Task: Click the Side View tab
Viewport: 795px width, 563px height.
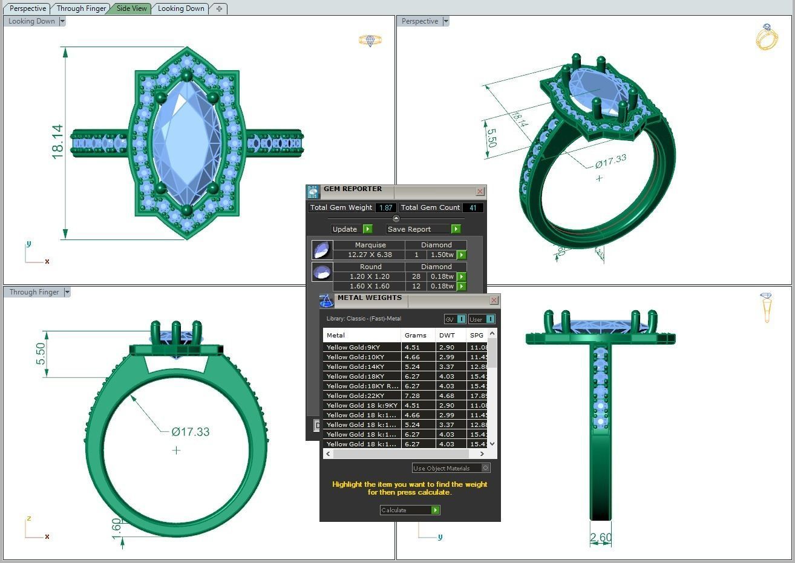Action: point(131,8)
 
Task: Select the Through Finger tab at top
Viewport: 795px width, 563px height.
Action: point(82,8)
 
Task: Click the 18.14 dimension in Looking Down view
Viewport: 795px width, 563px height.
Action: point(57,142)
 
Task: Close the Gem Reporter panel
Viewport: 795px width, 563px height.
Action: point(480,191)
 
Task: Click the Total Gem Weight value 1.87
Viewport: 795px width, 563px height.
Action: point(385,207)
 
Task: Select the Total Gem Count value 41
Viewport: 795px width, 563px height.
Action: point(473,207)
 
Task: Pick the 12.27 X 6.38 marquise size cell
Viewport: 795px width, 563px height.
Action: point(369,255)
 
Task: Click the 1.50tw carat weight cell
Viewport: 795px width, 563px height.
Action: point(442,255)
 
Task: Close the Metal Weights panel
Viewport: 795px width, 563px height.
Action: point(494,300)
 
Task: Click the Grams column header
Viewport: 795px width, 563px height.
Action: point(416,335)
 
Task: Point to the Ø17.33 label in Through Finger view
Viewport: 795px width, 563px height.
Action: point(191,432)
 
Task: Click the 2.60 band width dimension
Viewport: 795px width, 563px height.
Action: point(600,537)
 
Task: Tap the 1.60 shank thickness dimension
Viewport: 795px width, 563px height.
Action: point(116,526)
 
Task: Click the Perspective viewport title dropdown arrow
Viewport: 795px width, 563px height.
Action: point(446,21)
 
